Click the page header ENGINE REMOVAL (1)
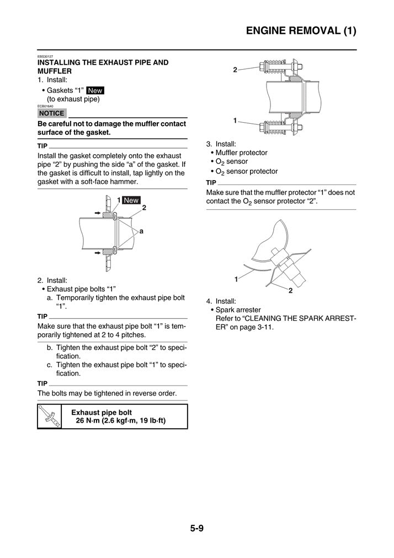[x=301, y=31]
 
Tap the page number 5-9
[x=197, y=528]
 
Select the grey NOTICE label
[x=52, y=113]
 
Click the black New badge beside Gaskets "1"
[x=95, y=91]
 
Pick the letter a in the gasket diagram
[x=141, y=232]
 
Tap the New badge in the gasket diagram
[x=131, y=200]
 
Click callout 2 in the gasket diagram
[x=144, y=208]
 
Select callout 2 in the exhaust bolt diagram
[x=235, y=70]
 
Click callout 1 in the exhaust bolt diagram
[x=235, y=120]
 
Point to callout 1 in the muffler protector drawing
[x=236, y=279]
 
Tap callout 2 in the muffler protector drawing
[x=290, y=291]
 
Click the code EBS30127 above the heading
[x=45, y=56]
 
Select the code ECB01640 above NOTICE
[x=45, y=106]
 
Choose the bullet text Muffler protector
[x=241, y=152]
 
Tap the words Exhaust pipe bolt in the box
[x=102, y=412]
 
